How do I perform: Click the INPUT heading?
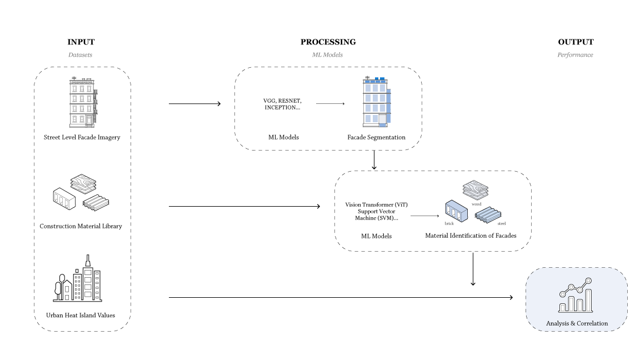pyautogui.click(x=81, y=42)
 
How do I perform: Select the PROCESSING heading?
pyautogui.click(x=328, y=42)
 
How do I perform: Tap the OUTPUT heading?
pyautogui.click(x=576, y=42)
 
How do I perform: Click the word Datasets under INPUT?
pyautogui.click(x=81, y=55)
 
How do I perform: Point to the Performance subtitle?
pyautogui.click(x=575, y=55)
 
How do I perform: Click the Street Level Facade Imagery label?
pyautogui.click(x=82, y=137)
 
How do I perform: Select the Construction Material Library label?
pyautogui.click(x=81, y=226)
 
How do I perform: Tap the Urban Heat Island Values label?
pyautogui.click(x=81, y=316)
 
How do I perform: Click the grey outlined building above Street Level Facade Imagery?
pyautogui.click(x=83, y=103)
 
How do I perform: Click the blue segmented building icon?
pyautogui.click(x=376, y=102)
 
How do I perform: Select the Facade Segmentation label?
pyautogui.click(x=376, y=137)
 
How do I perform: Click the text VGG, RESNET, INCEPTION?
pyautogui.click(x=282, y=104)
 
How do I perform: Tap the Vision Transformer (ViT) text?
pyautogui.click(x=376, y=205)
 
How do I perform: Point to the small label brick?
pyautogui.click(x=449, y=223)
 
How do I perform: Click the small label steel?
pyautogui.click(x=502, y=223)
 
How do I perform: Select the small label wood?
pyautogui.click(x=476, y=204)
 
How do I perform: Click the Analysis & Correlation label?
pyautogui.click(x=577, y=323)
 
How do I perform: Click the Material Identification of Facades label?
pyautogui.click(x=471, y=236)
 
